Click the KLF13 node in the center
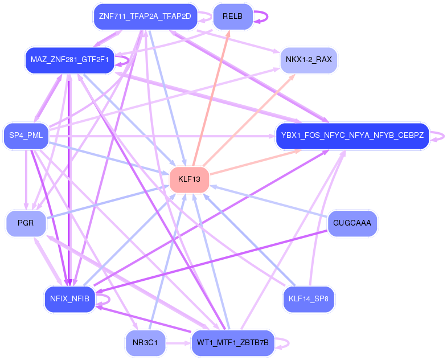[189, 179]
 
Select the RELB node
[232, 17]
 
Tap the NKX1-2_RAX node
[309, 59]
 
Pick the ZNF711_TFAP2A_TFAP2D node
[145, 17]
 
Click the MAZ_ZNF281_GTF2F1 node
[69, 60]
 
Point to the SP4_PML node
[26, 136]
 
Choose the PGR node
[26, 223]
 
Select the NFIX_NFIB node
[69, 300]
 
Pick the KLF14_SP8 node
[308, 299]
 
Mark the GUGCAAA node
[352, 223]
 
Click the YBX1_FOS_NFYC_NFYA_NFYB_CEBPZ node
[352, 136]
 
